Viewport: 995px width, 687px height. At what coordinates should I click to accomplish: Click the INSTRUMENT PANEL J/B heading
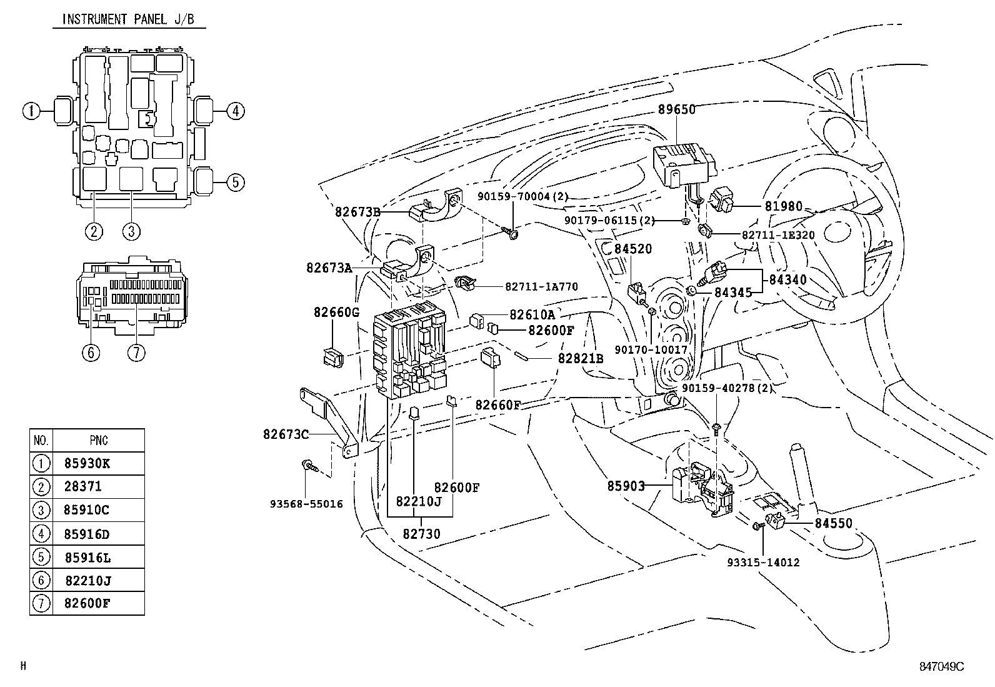(127, 19)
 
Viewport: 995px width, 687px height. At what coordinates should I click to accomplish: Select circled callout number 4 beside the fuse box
(234, 112)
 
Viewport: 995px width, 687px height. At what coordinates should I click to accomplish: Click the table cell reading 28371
(82, 486)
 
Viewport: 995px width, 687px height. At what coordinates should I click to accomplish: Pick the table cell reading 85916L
(87, 557)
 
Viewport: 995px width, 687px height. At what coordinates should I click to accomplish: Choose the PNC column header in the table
(99, 440)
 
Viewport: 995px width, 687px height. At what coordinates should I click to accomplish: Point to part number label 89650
(676, 109)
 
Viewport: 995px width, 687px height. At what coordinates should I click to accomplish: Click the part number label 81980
(783, 206)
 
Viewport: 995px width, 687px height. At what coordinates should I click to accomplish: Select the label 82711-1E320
(778, 235)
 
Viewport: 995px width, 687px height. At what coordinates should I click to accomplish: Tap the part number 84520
(633, 249)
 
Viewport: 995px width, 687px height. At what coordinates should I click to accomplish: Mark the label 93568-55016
(306, 504)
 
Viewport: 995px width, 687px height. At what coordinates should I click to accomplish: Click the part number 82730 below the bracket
(421, 534)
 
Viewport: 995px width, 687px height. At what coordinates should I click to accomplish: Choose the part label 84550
(833, 523)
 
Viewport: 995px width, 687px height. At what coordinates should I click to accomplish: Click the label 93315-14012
(763, 563)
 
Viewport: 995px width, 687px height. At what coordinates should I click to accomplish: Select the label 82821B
(581, 358)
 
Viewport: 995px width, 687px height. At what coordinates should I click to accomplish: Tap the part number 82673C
(286, 433)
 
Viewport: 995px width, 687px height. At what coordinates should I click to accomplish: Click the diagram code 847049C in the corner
(941, 666)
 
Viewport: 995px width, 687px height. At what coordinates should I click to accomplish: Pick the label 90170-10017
(651, 350)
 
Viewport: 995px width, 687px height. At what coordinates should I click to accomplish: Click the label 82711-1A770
(541, 287)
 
